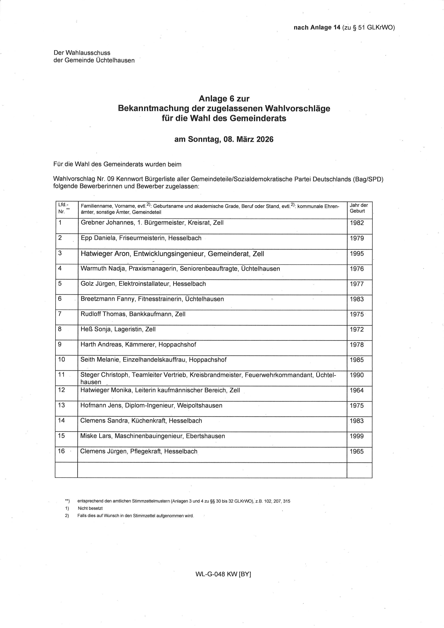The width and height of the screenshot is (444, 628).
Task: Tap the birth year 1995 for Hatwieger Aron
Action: tap(357, 254)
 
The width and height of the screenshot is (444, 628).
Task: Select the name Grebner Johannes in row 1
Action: tap(107, 223)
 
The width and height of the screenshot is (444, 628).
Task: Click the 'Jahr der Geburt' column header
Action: tap(359, 208)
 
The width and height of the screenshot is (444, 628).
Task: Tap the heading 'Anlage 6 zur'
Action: tap(224, 98)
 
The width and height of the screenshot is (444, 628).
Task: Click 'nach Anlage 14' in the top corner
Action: tap(317, 27)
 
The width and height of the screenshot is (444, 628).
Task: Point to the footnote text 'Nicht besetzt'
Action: tap(90, 508)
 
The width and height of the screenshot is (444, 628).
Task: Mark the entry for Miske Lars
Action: tap(153, 436)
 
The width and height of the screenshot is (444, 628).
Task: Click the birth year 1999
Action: tap(357, 436)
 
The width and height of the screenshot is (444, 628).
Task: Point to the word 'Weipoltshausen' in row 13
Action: tap(200, 405)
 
